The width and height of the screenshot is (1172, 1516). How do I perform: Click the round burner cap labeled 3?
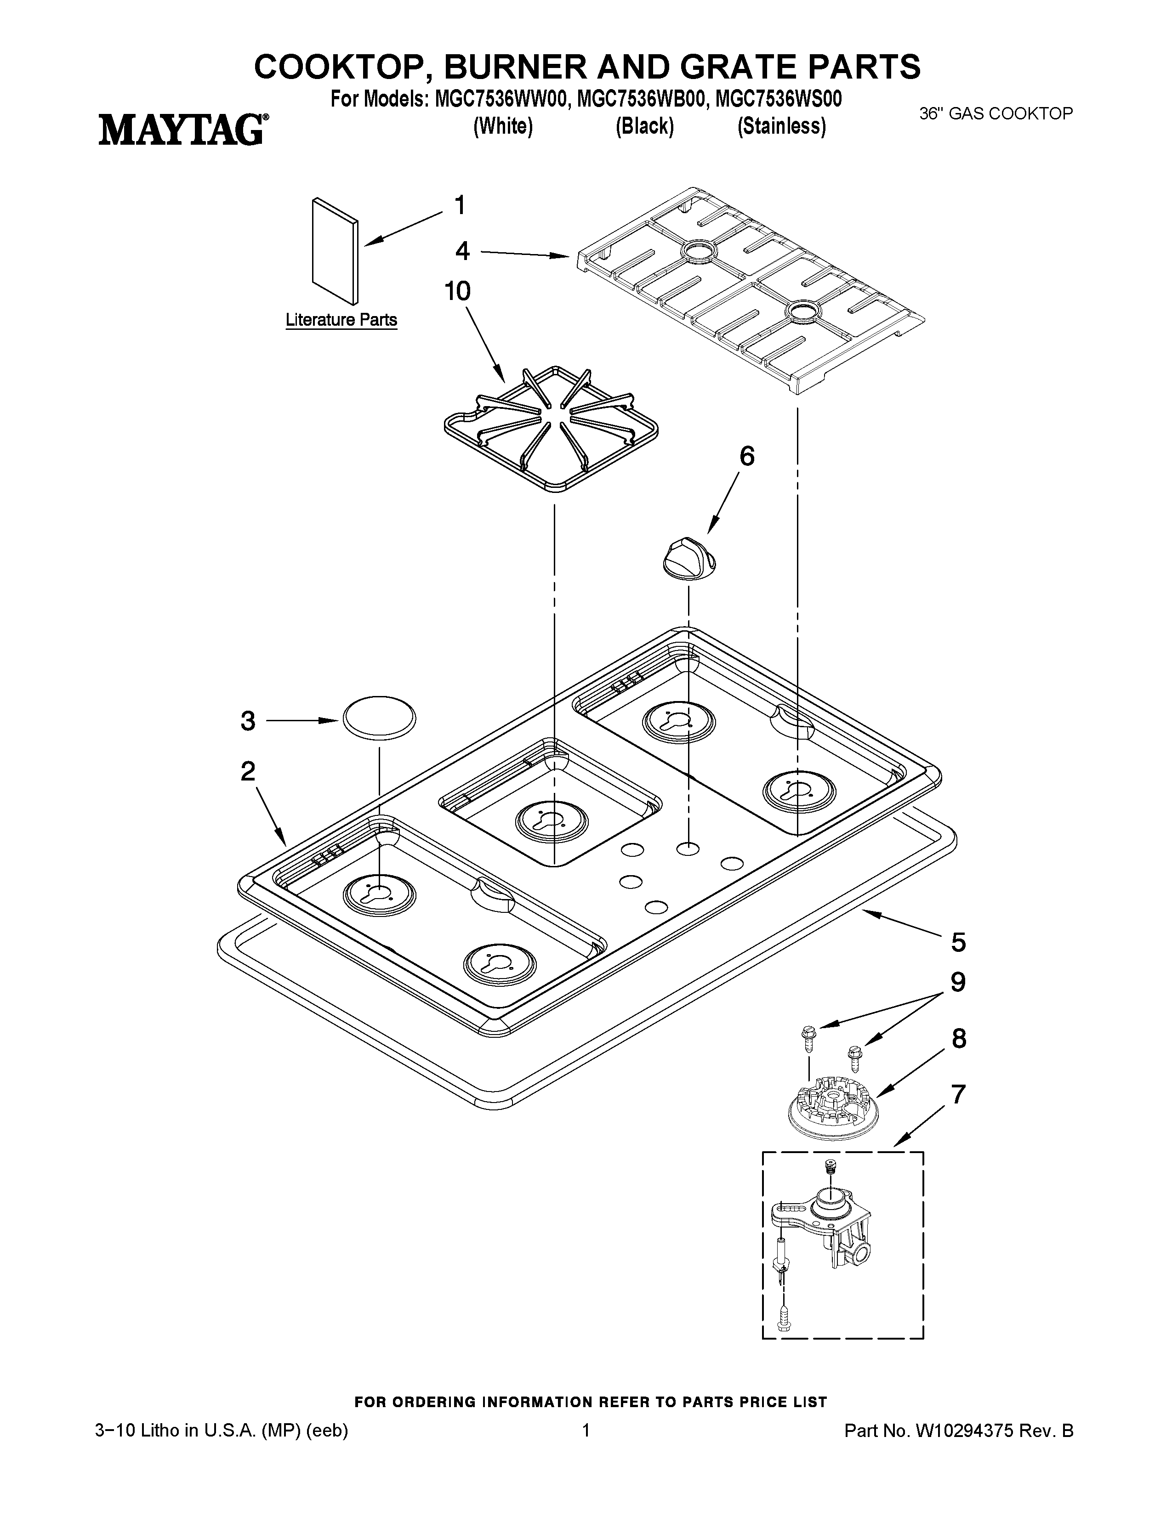tap(378, 720)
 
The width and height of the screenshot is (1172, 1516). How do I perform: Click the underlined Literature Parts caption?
tap(341, 320)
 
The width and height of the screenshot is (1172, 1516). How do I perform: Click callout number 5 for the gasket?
tap(958, 942)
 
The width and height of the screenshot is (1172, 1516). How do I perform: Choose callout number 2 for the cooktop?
tap(248, 771)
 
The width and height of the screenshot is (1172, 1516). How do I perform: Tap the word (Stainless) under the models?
tap(781, 126)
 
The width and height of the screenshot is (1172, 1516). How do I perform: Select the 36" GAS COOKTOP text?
tap(996, 114)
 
